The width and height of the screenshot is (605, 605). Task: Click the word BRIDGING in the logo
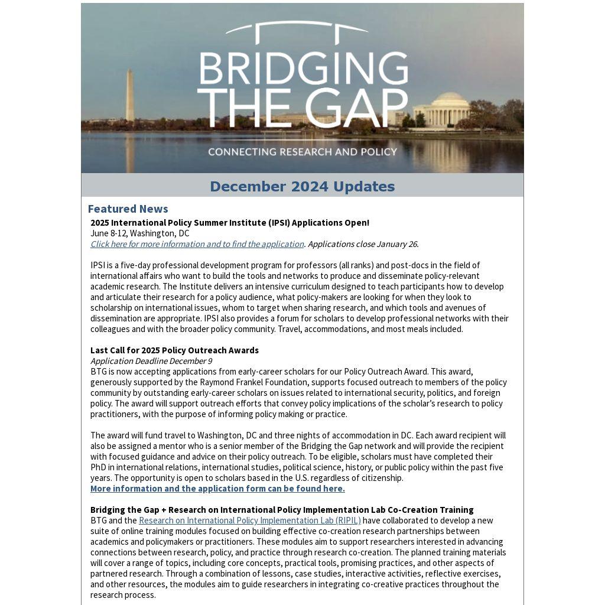[x=302, y=69]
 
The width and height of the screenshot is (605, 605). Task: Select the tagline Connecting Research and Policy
[x=302, y=152]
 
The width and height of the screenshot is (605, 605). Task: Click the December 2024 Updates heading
[x=302, y=187]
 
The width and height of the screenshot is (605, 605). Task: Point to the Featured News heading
[x=128, y=209]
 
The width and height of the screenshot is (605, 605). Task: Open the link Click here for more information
[x=197, y=244]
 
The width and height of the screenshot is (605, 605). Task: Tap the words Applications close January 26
[x=363, y=244]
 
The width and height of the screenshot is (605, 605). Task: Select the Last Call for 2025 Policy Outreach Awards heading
[x=174, y=350]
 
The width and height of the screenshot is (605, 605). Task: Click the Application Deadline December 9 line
[x=151, y=361]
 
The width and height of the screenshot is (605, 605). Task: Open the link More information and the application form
[x=217, y=489]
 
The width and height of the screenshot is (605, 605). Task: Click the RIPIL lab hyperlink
[x=249, y=521]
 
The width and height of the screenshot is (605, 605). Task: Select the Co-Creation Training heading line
[x=282, y=510]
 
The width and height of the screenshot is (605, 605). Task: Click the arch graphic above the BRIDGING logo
[x=297, y=28]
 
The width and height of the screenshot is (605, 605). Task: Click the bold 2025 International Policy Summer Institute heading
[x=229, y=223]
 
